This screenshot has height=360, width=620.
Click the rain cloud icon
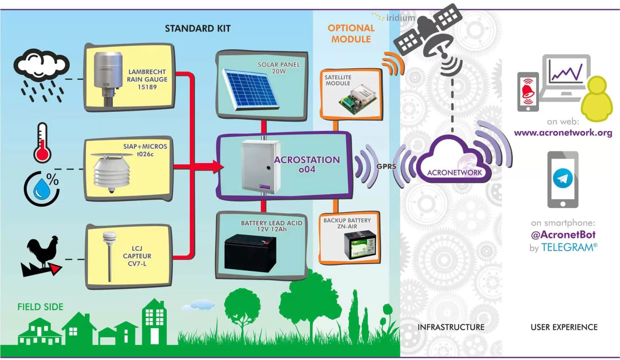pyautogui.click(x=42, y=75)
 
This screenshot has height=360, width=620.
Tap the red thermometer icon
pyautogui.click(x=42, y=143)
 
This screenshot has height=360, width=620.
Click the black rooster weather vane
pyautogui.click(x=42, y=256)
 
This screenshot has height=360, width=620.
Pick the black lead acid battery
pyautogui.click(x=250, y=253)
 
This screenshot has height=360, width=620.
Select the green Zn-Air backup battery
pyautogui.click(x=360, y=245)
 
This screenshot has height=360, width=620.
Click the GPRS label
pyautogui.click(x=386, y=166)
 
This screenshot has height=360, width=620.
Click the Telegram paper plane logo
pyautogui.click(x=563, y=178)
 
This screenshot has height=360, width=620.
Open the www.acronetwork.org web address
pyautogui.click(x=563, y=133)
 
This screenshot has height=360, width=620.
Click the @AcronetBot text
pyautogui.click(x=563, y=234)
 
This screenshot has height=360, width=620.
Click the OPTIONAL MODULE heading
pyautogui.click(x=351, y=33)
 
